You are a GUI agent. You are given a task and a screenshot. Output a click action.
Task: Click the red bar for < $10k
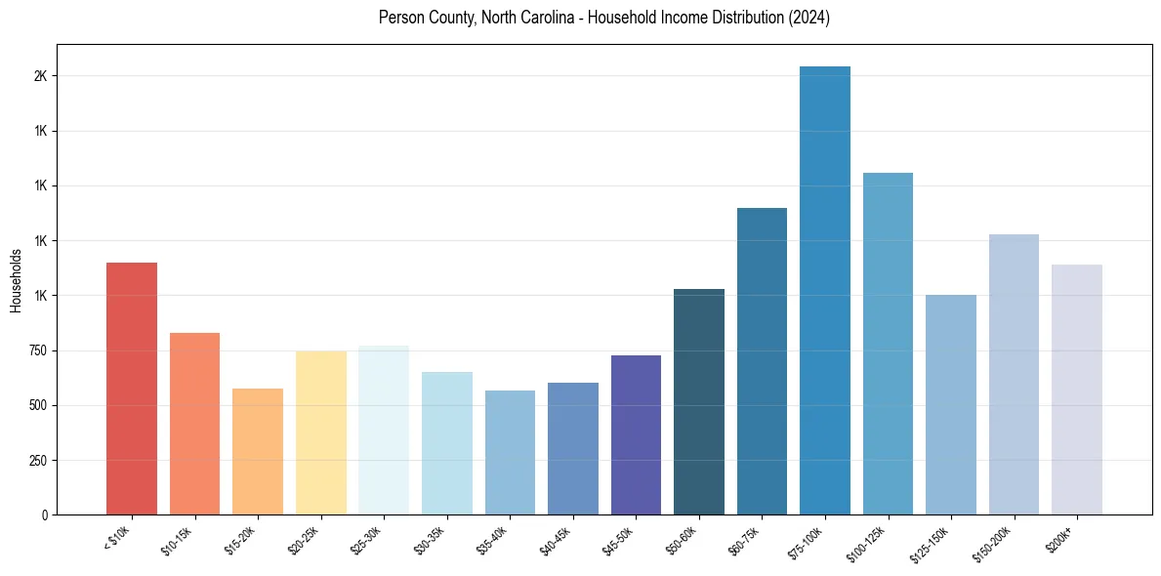131,389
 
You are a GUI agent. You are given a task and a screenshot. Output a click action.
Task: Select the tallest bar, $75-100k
824,290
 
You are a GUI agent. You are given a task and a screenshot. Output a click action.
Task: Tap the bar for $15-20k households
258,451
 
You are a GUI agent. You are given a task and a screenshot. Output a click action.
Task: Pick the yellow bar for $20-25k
320,432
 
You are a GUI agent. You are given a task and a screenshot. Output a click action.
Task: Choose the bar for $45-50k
636,434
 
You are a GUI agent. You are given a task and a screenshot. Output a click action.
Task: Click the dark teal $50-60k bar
699,401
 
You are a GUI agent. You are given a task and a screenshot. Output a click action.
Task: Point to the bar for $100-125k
888,344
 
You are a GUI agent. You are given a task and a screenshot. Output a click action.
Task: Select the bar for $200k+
1076,390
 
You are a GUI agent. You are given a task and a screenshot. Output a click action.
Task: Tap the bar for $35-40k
510,452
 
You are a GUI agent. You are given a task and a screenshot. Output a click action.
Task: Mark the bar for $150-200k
1014,374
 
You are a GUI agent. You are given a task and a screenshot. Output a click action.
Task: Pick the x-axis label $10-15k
178,539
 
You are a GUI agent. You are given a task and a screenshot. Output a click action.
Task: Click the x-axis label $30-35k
430,539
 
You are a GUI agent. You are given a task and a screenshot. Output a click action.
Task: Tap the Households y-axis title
17,280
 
